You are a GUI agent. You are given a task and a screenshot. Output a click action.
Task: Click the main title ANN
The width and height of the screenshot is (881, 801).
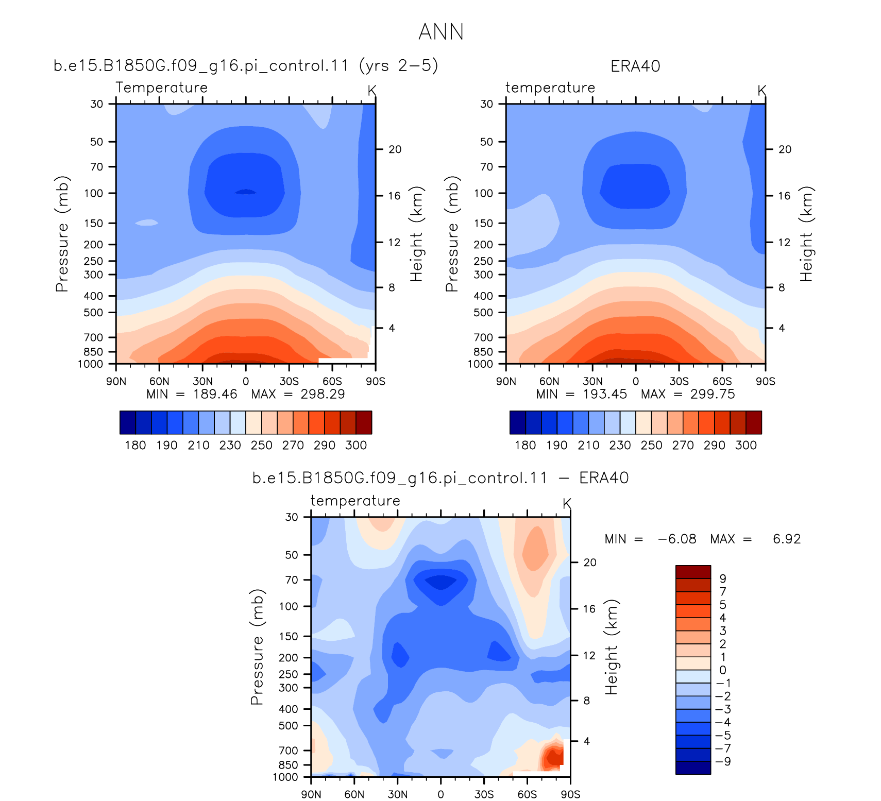point(441,32)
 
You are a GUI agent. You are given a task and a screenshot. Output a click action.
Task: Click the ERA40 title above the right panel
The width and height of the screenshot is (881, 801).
point(635,66)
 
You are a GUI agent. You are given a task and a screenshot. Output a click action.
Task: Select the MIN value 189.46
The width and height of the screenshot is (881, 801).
point(215,394)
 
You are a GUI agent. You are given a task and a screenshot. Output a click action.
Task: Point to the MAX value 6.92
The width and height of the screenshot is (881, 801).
point(787,539)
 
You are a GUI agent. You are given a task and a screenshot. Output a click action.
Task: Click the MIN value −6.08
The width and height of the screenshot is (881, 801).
point(677,539)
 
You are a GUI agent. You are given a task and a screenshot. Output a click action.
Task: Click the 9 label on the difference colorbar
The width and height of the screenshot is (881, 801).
point(723,578)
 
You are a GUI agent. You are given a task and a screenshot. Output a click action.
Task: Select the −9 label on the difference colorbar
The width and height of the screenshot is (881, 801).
point(723,761)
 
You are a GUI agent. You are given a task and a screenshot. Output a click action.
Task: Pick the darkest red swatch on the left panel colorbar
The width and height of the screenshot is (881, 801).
point(364,422)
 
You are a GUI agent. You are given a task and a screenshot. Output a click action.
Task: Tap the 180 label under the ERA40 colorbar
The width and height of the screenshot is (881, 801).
point(525,445)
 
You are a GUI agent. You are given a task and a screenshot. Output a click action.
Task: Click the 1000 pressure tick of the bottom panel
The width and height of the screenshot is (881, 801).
point(285,777)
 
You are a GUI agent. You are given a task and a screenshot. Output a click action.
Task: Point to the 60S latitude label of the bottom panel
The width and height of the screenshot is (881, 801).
point(527,794)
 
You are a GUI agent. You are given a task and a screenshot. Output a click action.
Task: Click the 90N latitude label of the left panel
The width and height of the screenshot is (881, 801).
point(116,381)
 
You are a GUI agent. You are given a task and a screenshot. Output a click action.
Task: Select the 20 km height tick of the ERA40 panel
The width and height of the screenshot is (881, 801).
point(785,149)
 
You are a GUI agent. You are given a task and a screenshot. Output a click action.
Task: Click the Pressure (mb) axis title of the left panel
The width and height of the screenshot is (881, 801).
point(62,234)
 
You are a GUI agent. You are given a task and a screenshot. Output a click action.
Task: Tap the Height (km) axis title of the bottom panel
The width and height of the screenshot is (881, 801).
point(611,647)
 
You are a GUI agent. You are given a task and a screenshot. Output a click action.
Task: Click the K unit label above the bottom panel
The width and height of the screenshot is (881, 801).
point(567,503)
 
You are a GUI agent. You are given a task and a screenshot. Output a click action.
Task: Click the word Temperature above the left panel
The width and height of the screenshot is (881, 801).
point(161,88)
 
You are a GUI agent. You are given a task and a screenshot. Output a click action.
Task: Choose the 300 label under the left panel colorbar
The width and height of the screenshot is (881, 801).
point(356,445)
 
